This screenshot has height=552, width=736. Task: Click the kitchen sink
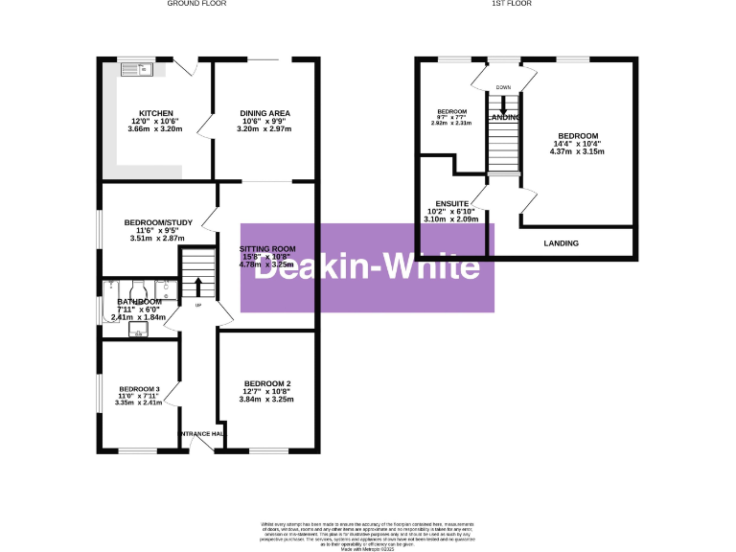tap(133, 69)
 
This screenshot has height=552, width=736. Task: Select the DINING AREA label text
tap(264, 113)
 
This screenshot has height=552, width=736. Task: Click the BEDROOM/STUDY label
tap(158, 222)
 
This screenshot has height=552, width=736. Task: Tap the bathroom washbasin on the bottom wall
tap(138, 332)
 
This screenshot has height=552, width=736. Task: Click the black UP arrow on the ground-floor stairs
tap(198, 287)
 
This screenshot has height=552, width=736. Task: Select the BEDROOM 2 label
tap(264, 384)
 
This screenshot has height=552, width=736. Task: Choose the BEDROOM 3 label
tap(137, 388)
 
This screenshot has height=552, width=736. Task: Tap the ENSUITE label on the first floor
tap(450, 203)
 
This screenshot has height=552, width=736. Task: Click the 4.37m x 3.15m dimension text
tap(578, 151)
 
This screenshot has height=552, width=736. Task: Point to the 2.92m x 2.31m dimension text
tap(450, 123)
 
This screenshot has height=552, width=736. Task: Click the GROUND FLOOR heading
tap(195, 4)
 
